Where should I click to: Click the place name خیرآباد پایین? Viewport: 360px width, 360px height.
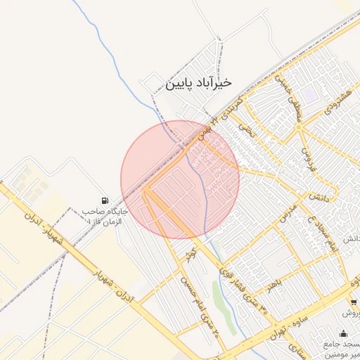(x=198, y=84)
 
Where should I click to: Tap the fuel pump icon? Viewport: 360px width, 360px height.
(x=105, y=200)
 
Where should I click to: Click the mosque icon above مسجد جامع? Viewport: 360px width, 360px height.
(x=343, y=333)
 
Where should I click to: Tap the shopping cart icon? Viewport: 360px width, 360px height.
(x=353, y=302)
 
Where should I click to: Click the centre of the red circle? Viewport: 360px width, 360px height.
(x=180, y=179)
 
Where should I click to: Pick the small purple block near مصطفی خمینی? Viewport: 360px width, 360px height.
(x=310, y=94)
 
